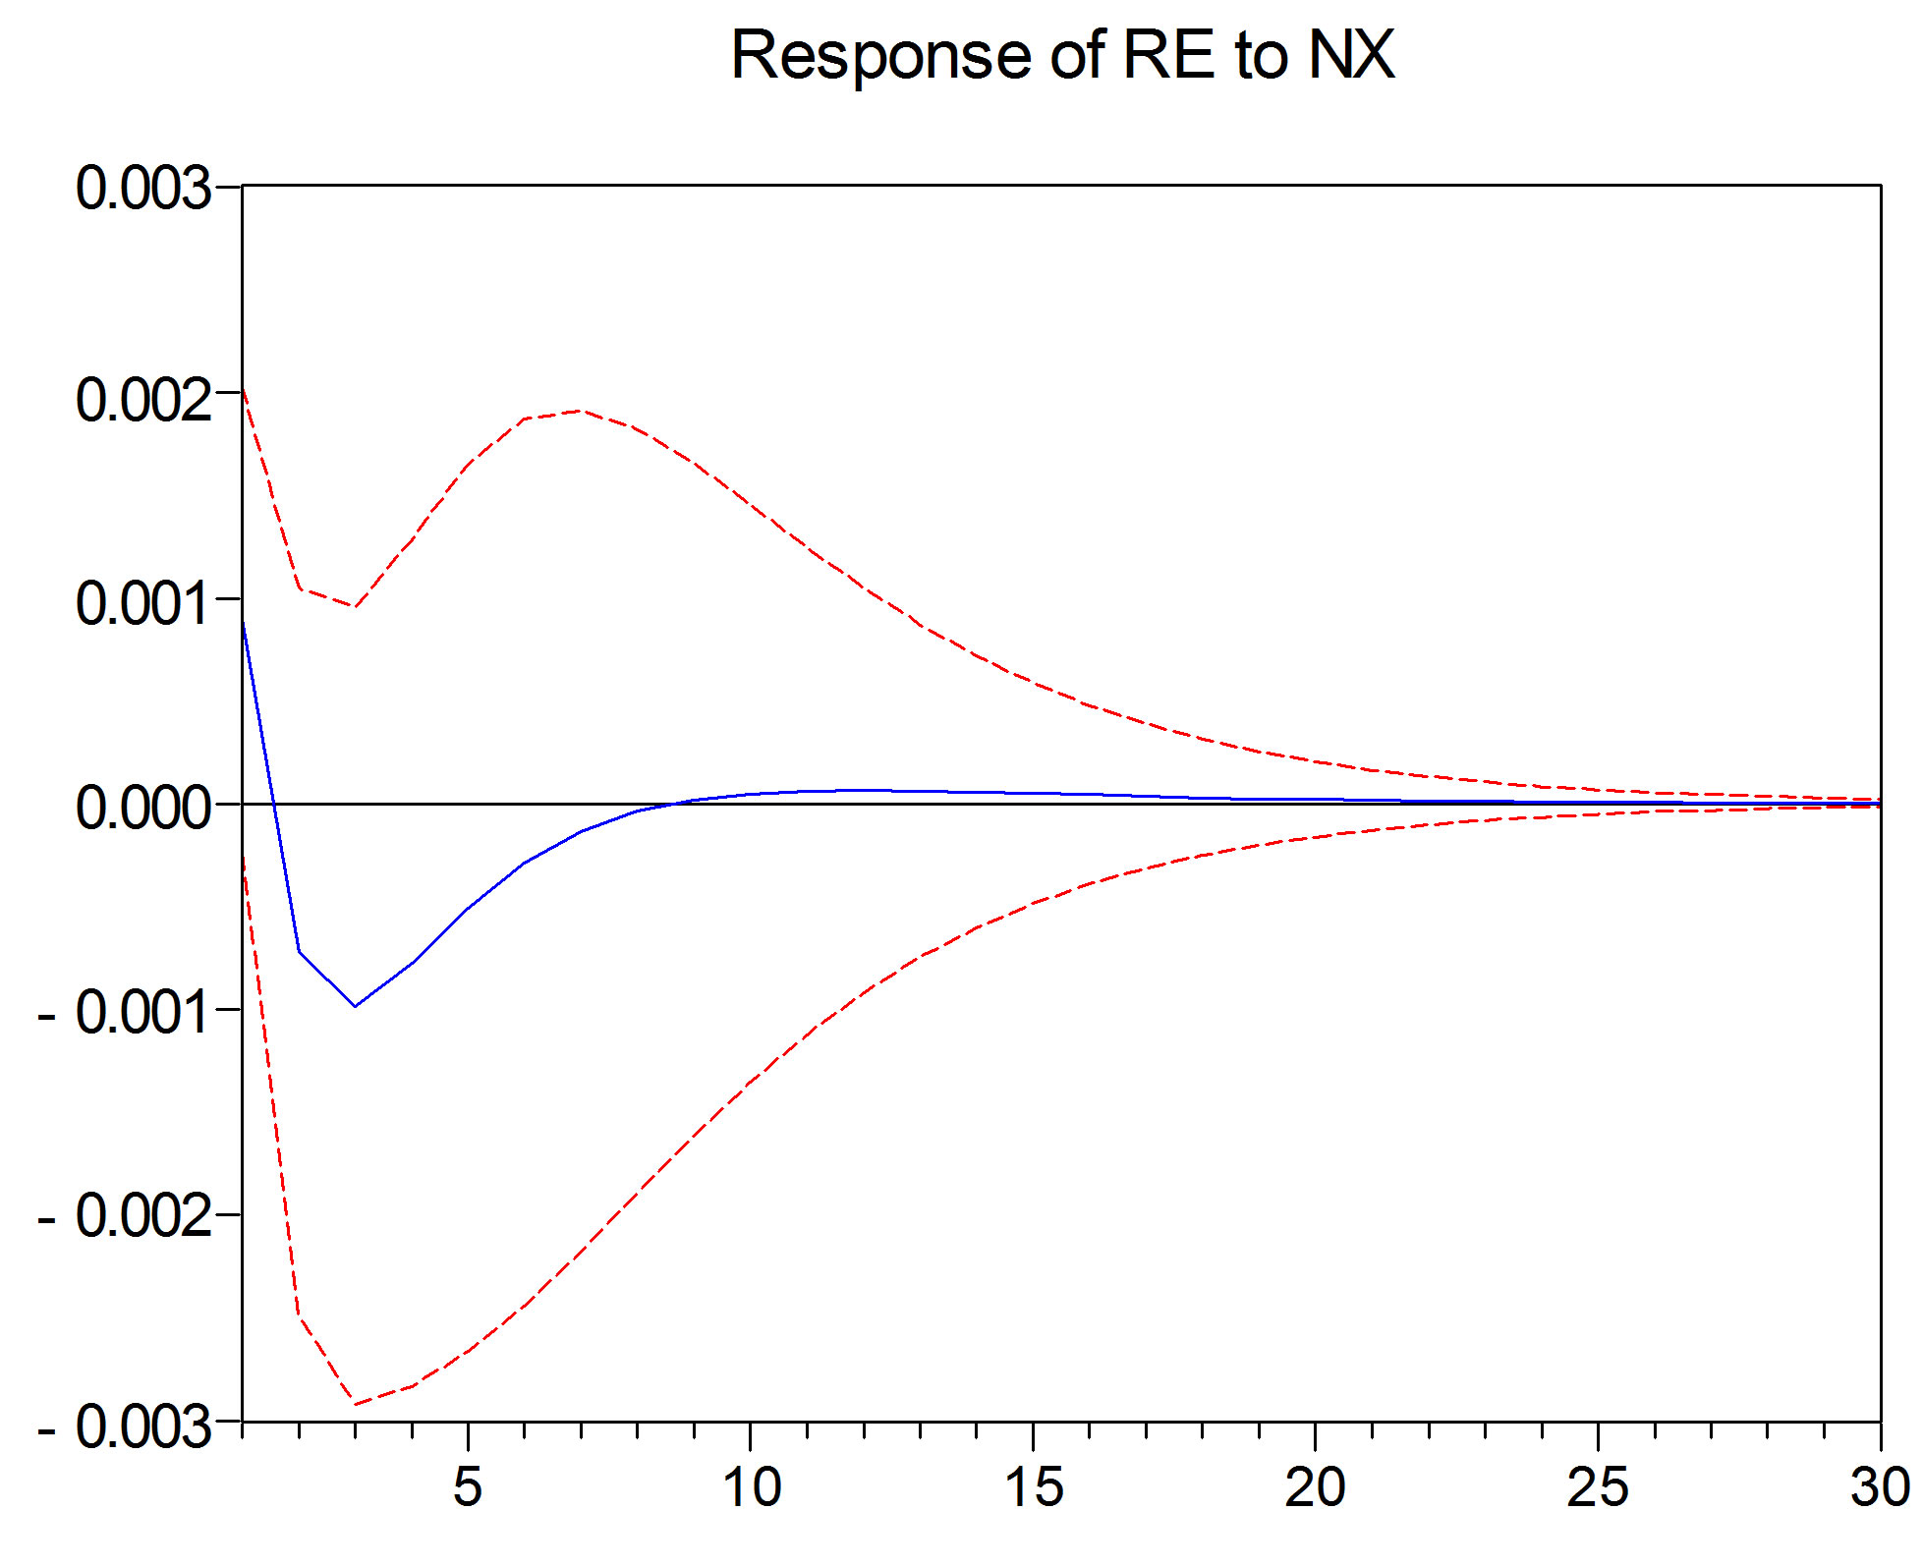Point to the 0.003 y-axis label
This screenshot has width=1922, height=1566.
pos(143,188)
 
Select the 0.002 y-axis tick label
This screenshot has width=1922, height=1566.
pos(143,400)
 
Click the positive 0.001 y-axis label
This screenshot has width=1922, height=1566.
pos(143,602)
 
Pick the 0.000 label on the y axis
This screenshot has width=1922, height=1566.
pos(143,808)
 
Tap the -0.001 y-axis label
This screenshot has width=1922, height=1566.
pos(126,1012)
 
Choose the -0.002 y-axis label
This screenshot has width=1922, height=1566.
pos(126,1216)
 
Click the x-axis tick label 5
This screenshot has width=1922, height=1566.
pos(468,1485)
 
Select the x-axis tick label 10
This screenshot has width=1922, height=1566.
pos(751,1485)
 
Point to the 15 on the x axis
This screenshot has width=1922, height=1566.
pos(1033,1485)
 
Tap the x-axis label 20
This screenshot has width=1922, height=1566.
pos(1315,1485)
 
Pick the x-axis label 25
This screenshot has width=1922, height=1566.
pos(1597,1485)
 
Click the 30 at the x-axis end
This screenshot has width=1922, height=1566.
pos(1879,1485)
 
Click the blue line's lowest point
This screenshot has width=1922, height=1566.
pos(355,1006)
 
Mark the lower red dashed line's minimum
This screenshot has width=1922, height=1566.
pos(355,1404)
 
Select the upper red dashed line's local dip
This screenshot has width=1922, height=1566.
pos(355,606)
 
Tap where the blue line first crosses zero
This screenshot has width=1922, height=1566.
pos(274,805)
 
